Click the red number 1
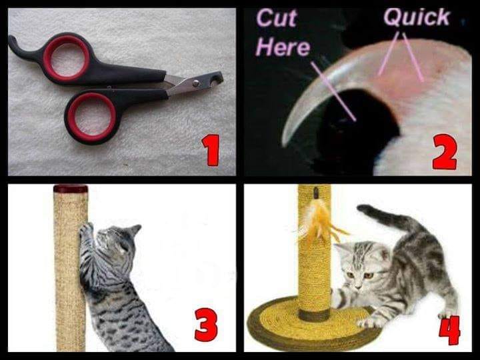(x=211, y=150)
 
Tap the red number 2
(x=445, y=152)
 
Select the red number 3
(x=206, y=325)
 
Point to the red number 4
(x=449, y=330)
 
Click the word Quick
(x=417, y=17)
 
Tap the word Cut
(x=277, y=19)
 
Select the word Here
(x=283, y=47)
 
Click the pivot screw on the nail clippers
(x=195, y=83)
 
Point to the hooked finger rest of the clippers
(x=19, y=47)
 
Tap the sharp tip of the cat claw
(x=284, y=143)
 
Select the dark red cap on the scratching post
(x=71, y=189)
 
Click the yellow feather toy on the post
(x=319, y=221)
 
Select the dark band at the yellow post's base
(x=314, y=315)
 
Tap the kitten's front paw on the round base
(x=369, y=322)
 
